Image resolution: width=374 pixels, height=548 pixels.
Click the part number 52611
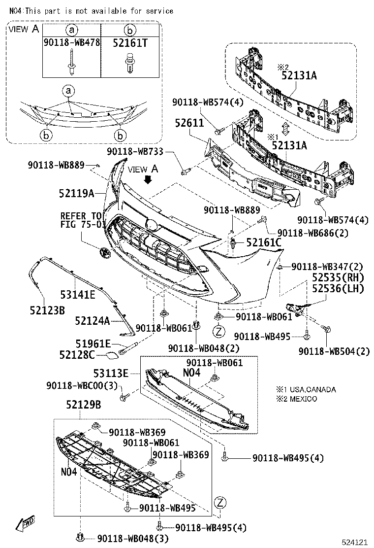[x=189, y=123]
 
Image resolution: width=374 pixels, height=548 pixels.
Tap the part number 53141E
[x=78, y=295]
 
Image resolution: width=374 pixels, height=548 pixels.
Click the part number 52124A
[x=92, y=321]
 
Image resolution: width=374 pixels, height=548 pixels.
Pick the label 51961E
[x=92, y=344]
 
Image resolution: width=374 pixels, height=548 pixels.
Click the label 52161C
[x=264, y=242]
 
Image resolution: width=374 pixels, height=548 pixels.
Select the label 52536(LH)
[x=337, y=289]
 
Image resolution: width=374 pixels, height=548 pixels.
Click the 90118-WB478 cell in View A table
[x=71, y=43]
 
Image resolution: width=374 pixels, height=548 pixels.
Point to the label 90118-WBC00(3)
[x=82, y=385]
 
